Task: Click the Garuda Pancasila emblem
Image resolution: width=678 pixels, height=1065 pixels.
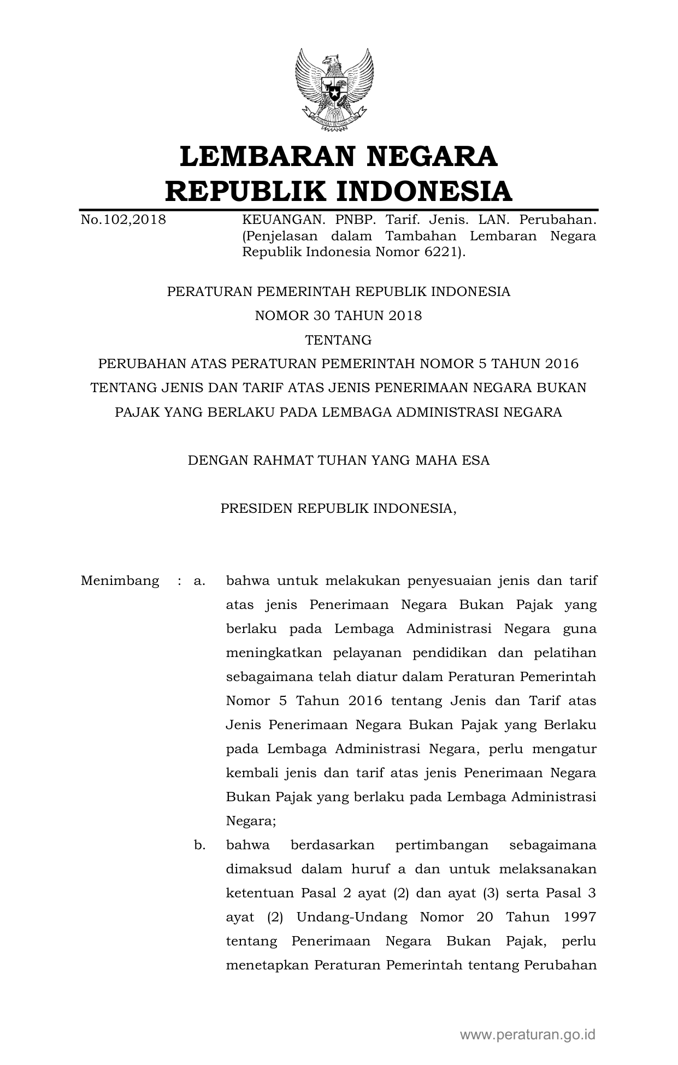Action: point(334,90)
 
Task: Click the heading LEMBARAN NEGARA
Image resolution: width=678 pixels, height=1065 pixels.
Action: point(338,156)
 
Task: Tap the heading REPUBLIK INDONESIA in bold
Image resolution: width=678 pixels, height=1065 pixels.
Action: point(338,191)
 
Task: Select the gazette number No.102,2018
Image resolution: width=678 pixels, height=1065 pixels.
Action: point(123,220)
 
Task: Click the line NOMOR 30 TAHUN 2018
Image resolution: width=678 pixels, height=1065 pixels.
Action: point(338,316)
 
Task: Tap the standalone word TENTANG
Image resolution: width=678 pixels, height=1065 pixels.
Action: point(338,340)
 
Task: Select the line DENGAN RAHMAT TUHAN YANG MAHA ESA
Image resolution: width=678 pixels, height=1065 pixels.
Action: point(338,460)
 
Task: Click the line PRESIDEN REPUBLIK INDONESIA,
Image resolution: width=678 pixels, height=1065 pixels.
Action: point(338,508)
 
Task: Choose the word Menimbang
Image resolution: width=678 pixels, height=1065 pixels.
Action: point(120,581)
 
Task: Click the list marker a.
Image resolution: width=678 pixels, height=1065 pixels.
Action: point(199,581)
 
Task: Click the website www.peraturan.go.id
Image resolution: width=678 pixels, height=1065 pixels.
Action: point(528,1034)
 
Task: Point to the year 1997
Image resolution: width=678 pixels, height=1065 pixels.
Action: point(579,918)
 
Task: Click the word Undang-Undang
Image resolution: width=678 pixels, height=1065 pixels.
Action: point(352,918)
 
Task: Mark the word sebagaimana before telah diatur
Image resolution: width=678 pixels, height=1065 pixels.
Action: point(269,677)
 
